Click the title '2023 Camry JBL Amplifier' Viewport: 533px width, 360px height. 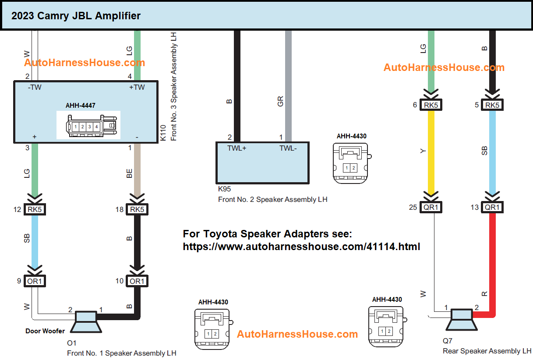click(76, 16)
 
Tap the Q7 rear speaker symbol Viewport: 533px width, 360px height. click(460, 320)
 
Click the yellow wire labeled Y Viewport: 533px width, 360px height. click(431, 151)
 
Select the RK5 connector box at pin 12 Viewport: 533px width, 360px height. click(35, 209)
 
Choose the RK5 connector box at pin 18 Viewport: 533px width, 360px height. click(137, 209)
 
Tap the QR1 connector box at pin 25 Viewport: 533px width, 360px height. click(431, 207)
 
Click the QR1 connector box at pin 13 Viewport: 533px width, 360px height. click(492, 207)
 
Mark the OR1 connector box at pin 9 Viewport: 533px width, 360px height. click(35, 281)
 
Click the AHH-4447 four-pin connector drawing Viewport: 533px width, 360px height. click(88, 126)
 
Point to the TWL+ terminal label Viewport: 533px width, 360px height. click(236, 148)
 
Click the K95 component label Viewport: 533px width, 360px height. click(224, 189)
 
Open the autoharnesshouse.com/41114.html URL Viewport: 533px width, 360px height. click(301, 247)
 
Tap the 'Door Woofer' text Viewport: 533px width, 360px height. click(45, 331)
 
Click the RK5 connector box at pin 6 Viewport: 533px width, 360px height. click(431, 105)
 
